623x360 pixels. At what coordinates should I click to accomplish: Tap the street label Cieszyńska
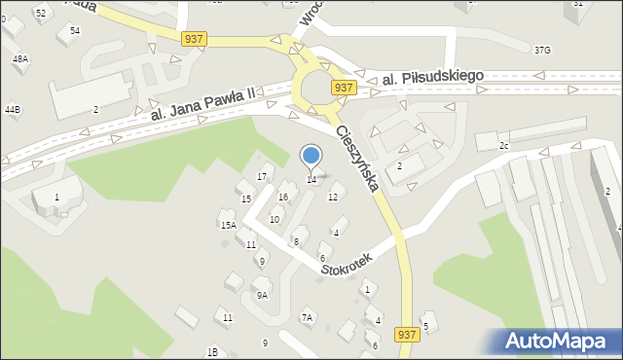pos(356,158)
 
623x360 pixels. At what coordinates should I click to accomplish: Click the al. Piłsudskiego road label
pos(432,77)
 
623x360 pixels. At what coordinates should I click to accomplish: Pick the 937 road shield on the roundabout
pos(342,88)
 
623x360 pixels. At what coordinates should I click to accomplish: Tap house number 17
pos(261,176)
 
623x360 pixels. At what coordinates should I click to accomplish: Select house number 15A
pos(228,225)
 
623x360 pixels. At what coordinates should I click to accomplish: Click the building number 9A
pos(261,295)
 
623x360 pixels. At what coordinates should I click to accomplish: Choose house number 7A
pos(308,317)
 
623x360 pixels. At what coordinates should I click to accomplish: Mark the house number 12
pos(333,198)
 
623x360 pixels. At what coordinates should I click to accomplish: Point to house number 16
pos(283,198)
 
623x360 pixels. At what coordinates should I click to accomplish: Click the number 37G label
pos(542,50)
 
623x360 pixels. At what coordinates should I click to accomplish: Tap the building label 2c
pos(504,146)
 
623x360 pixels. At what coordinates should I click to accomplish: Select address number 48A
pos(19,59)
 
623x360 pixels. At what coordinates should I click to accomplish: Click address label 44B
pos(12,110)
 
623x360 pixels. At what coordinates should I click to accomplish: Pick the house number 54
pos(75,31)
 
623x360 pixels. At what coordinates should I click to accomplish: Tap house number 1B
pos(212,351)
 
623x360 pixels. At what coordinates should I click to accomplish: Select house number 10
pos(275,220)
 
